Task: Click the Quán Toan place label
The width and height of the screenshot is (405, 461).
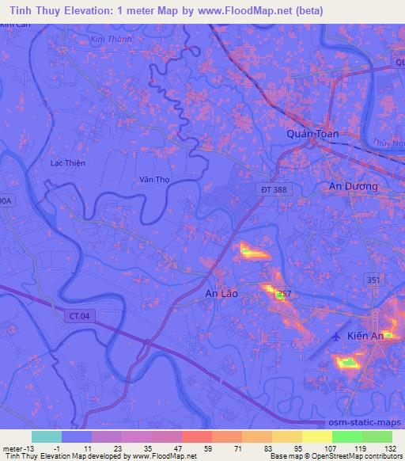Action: point(312,134)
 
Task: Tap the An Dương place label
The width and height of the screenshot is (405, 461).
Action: point(353,186)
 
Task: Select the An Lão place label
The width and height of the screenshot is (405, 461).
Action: point(221,294)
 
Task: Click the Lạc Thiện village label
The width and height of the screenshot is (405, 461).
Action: point(67,162)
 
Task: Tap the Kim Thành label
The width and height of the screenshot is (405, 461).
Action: point(109,39)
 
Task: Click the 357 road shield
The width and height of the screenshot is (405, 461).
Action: point(286,293)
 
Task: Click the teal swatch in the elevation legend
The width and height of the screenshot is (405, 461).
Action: point(46,436)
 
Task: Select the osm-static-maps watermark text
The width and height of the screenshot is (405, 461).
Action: point(371,423)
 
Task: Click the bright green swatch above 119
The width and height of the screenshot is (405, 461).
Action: point(346,436)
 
